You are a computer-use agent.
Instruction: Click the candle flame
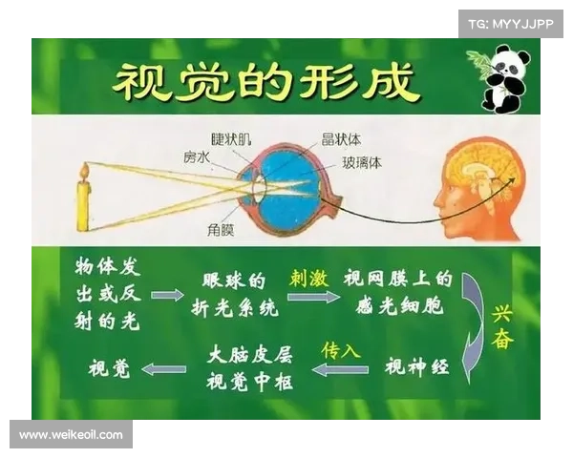(84, 172)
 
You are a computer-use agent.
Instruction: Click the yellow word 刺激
(308, 279)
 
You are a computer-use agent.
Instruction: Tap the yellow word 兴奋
(502, 326)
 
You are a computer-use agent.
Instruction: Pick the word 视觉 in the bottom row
(109, 368)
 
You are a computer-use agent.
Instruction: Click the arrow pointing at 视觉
(163, 368)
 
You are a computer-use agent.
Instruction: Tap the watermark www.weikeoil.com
(72, 435)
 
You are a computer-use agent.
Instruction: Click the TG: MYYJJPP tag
(511, 23)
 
